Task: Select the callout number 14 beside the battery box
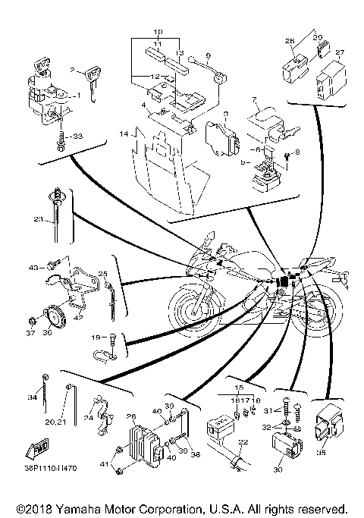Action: click(123, 133)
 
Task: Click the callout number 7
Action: click(255, 101)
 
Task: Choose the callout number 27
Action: click(339, 52)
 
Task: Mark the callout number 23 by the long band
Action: click(38, 220)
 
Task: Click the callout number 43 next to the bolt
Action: click(34, 267)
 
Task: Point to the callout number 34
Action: click(33, 396)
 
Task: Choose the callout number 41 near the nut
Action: click(105, 463)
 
